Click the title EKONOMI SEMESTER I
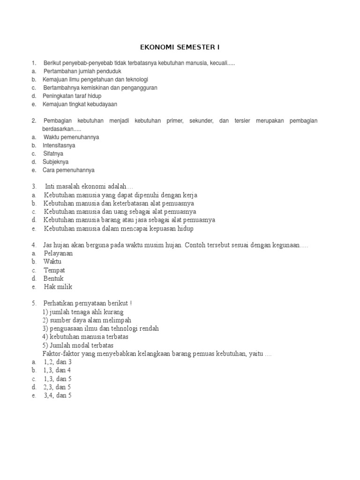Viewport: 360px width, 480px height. coord(180,47)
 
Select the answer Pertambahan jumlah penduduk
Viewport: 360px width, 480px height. coord(82,71)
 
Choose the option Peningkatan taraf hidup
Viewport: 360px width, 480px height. coord(72,96)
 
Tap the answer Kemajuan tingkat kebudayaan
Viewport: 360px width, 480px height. coord(80,104)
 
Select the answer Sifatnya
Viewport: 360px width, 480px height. coord(53,154)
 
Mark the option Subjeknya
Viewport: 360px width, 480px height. coord(55,162)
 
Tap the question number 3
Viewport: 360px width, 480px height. coord(34,187)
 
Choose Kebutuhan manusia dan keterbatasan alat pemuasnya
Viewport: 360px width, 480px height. coord(119,203)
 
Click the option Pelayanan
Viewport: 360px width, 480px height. coord(58,253)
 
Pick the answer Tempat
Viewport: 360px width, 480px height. coord(54,270)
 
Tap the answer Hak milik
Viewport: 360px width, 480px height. coord(58,287)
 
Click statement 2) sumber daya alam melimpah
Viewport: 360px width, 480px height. coord(87,320)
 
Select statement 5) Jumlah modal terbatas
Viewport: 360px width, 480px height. coord(81,345)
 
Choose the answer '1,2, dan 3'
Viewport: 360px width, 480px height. coord(57,362)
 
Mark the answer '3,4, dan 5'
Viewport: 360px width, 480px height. coord(57,396)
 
